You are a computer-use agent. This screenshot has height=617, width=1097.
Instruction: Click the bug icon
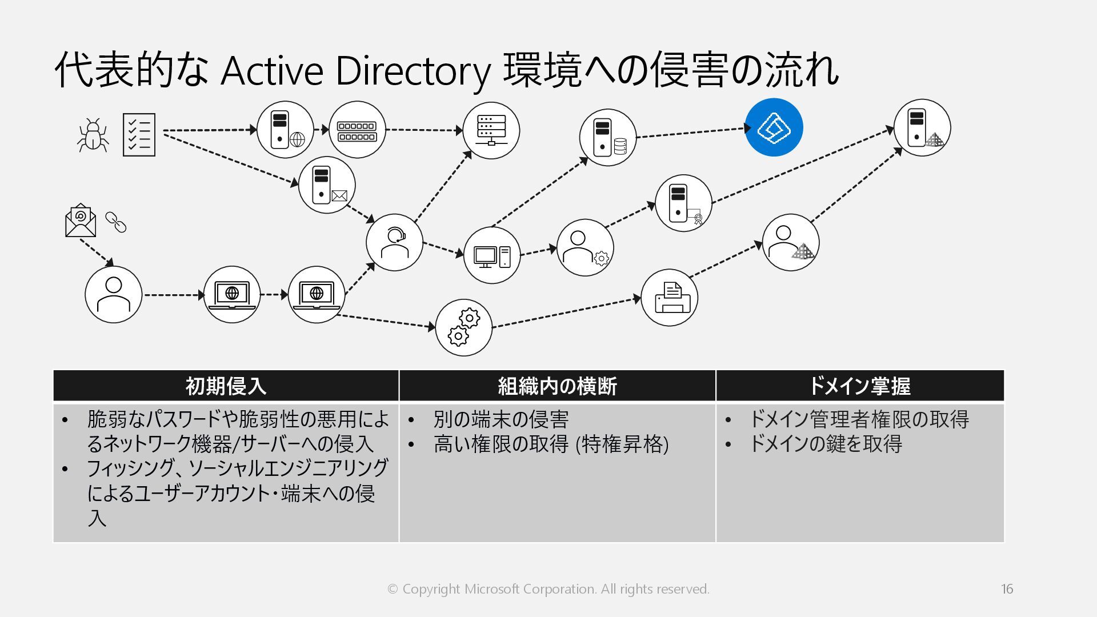(93, 135)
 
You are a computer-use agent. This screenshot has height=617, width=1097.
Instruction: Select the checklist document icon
(139, 135)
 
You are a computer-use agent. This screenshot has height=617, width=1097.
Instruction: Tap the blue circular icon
(774, 127)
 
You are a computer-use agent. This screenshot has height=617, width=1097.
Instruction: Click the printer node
(670, 298)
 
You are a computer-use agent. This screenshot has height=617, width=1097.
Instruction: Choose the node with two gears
(463, 327)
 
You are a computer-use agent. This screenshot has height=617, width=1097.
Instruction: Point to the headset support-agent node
(394, 243)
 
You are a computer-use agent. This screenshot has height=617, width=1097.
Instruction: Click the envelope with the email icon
(81, 221)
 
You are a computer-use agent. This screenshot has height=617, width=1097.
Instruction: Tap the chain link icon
(116, 222)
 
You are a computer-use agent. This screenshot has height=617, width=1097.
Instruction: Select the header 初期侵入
(226, 386)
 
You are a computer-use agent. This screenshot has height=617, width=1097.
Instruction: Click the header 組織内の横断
(557, 386)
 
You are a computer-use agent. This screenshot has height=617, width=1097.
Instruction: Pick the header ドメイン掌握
(859, 386)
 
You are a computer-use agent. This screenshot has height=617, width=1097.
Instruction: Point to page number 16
(1007, 589)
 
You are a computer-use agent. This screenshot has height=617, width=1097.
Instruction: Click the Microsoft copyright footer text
(548, 589)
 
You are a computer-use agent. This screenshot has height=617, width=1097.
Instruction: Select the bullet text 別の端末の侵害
(501, 419)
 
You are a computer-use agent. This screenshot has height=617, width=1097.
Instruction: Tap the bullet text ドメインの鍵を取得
(825, 444)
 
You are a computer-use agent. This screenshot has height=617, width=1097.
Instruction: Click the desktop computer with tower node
(491, 255)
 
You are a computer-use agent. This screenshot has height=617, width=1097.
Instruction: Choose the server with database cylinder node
(608, 138)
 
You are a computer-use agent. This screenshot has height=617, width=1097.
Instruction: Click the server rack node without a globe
(491, 130)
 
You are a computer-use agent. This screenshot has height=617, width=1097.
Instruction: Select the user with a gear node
(585, 247)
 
